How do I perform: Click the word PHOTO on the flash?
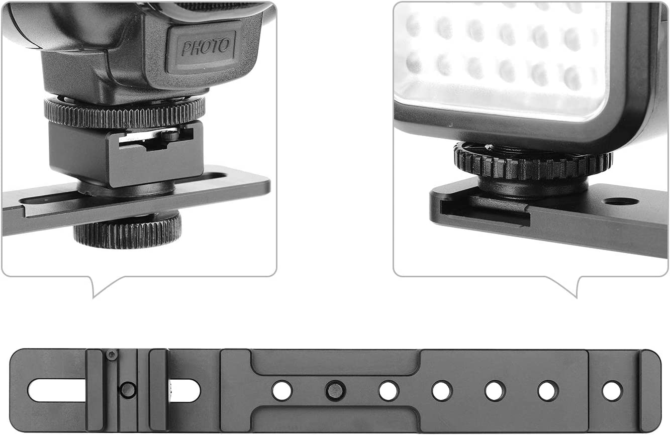click(206, 47)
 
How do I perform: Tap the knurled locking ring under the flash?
click(125, 113)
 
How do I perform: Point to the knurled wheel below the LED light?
click(533, 162)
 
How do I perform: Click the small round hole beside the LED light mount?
click(621, 201)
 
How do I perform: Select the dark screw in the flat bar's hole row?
click(336, 390)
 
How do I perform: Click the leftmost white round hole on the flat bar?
click(282, 391)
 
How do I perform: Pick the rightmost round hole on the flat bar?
click(613, 391)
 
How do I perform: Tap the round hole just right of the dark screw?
click(389, 391)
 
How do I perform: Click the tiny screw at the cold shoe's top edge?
click(112, 355)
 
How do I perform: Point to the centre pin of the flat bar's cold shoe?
click(128, 390)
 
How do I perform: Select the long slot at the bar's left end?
click(57, 390)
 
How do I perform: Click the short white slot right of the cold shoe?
click(184, 390)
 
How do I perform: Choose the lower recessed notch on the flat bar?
click(335, 418)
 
